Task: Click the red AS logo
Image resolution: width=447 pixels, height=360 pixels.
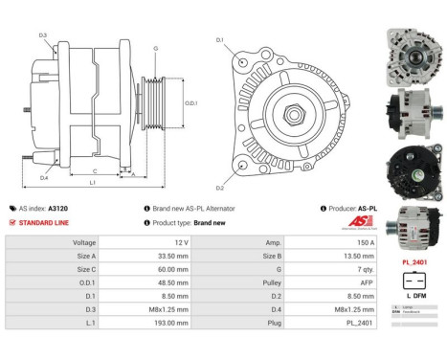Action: [x=355, y=222]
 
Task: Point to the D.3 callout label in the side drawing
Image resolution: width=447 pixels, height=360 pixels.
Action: [x=43, y=35]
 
